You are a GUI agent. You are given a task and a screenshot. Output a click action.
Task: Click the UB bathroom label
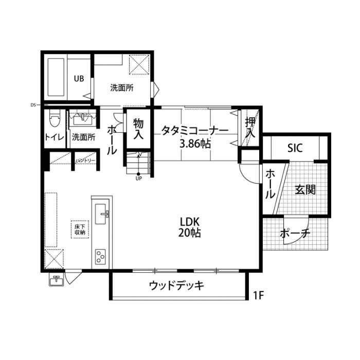pos(78,79)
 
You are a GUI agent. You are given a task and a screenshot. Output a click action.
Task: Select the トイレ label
pos(54,137)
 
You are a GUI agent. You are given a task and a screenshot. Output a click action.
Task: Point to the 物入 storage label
pos(138,129)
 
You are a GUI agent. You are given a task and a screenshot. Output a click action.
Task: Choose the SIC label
pos(295,148)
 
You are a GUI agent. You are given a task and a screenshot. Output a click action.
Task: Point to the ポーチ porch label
pos(295,234)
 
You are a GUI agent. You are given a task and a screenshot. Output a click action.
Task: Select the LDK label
pos(190,222)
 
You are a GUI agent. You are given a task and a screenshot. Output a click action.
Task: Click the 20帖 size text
pos(190,233)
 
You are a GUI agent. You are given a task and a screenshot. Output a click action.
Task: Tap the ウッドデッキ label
pos(177,285)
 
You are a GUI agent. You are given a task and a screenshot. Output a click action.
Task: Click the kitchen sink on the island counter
pos(101,213)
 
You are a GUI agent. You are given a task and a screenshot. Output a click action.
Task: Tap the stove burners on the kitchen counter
pos(100,255)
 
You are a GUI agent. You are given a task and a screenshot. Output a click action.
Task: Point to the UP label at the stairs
pos(138,179)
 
